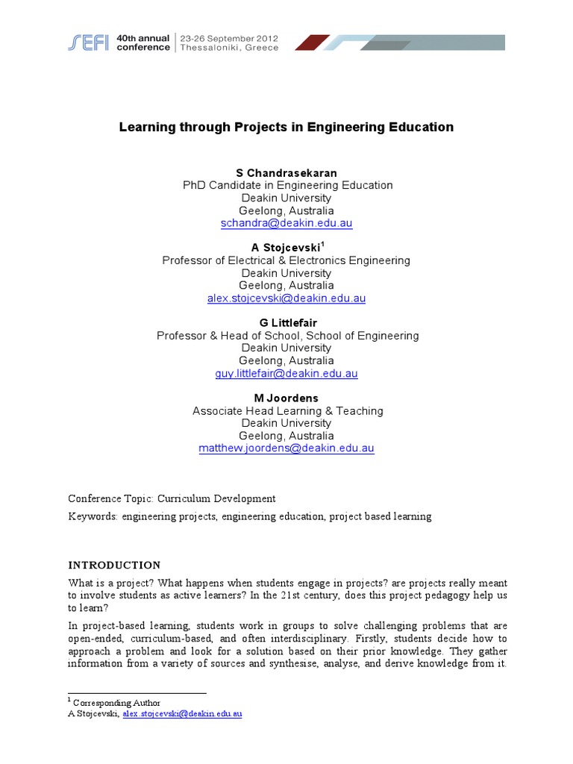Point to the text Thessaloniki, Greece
[x=228, y=48]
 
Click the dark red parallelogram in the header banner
[x=312, y=43]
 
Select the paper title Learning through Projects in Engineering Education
[x=286, y=127]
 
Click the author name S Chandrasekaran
[x=286, y=173]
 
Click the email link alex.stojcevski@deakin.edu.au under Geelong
[x=286, y=298]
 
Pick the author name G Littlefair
[x=286, y=323]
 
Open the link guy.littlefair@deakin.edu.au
[x=286, y=374]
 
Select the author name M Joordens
[x=286, y=398]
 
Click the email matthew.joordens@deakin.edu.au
[x=286, y=448]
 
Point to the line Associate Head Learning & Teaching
[x=287, y=411]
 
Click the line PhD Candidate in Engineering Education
[x=287, y=186]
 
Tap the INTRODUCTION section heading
[x=114, y=565]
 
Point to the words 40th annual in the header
[x=146, y=37]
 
